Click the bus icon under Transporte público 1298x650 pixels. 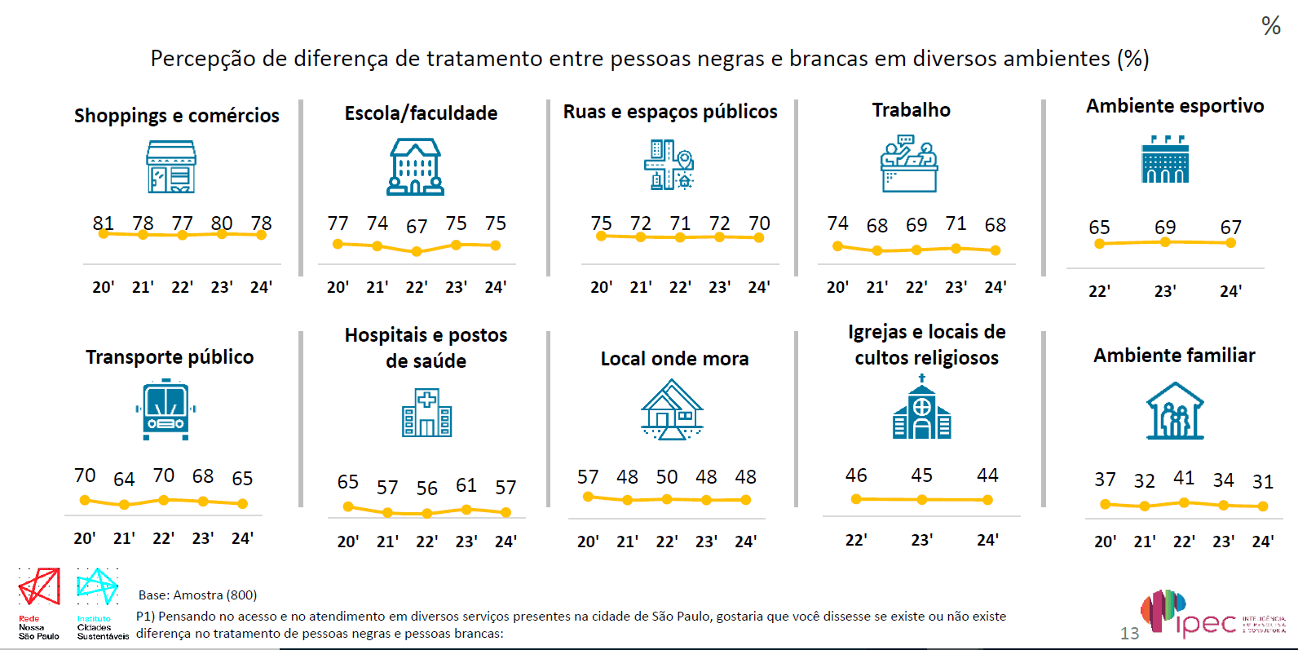[x=166, y=409]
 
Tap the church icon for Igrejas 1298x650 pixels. [x=922, y=408]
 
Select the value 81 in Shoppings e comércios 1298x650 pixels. [x=104, y=223]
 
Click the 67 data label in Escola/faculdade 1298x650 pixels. [x=417, y=226]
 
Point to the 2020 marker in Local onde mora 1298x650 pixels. [x=588, y=497]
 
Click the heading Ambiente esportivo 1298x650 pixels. [x=1175, y=106]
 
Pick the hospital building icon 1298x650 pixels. [x=426, y=413]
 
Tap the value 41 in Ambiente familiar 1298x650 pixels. [x=1184, y=478]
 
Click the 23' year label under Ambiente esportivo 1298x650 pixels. [x=1165, y=291]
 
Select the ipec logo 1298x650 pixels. [x=1199, y=616]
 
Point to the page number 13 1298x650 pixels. [x=1129, y=634]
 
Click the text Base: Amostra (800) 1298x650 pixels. [x=197, y=595]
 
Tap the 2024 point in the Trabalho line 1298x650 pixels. [x=996, y=250]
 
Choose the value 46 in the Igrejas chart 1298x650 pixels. [x=856, y=475]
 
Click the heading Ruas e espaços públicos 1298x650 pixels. [x=670, y=112]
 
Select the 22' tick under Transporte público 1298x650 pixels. [x=164, y=538]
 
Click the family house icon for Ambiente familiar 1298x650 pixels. [x=1175, y=411]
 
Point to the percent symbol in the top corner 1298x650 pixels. [x=1270, y=26]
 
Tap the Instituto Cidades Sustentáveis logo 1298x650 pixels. [x=98, y=599]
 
